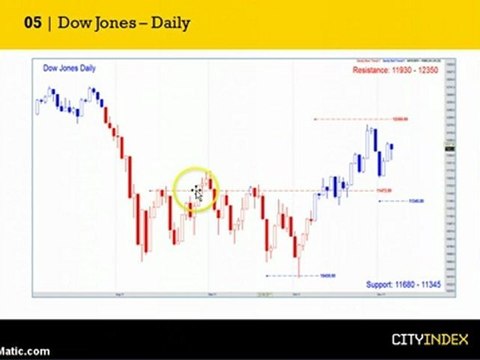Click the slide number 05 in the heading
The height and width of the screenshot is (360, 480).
[x=31, y=22]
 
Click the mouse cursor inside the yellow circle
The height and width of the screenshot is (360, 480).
[x=197, y=192]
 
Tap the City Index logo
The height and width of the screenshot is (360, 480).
[x=423, y=339]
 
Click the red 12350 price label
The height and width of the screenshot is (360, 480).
[x=400, y=119]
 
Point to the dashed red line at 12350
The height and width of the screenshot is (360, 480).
[x=350, y=120]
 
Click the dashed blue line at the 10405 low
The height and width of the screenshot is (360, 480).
[x=290, y=275]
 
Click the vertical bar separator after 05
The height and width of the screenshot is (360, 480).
[x=48, y=22]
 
